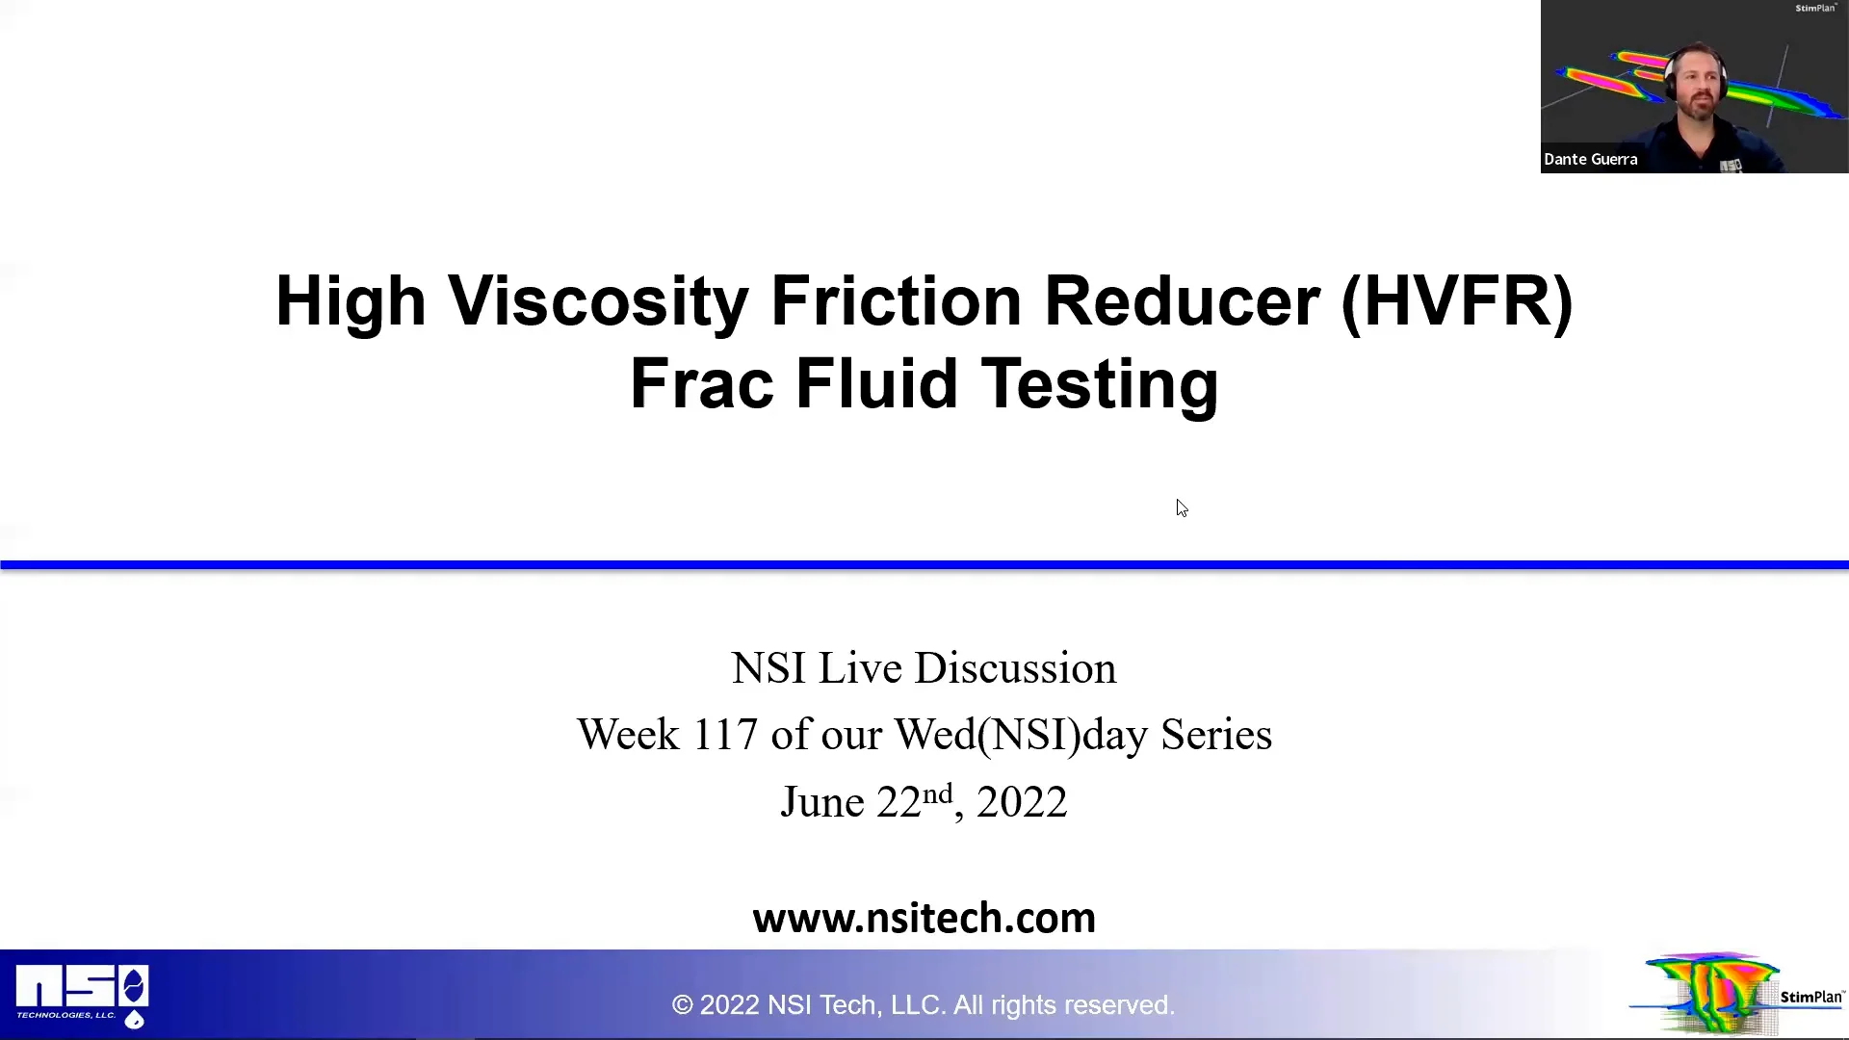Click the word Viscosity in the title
point(598,301)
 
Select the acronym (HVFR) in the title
point(1456,301)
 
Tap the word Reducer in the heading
point(1182,301)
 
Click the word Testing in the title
point(1100,384)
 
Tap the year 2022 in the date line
point(1022,802)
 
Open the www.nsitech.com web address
point(924,918)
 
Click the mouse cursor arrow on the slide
point(1182,507)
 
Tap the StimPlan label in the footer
point(1810,997)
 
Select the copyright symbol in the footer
point(682,1005)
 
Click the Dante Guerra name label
point(1590,160)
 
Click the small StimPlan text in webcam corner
point(1815,8)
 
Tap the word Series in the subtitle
point(1216,735)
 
